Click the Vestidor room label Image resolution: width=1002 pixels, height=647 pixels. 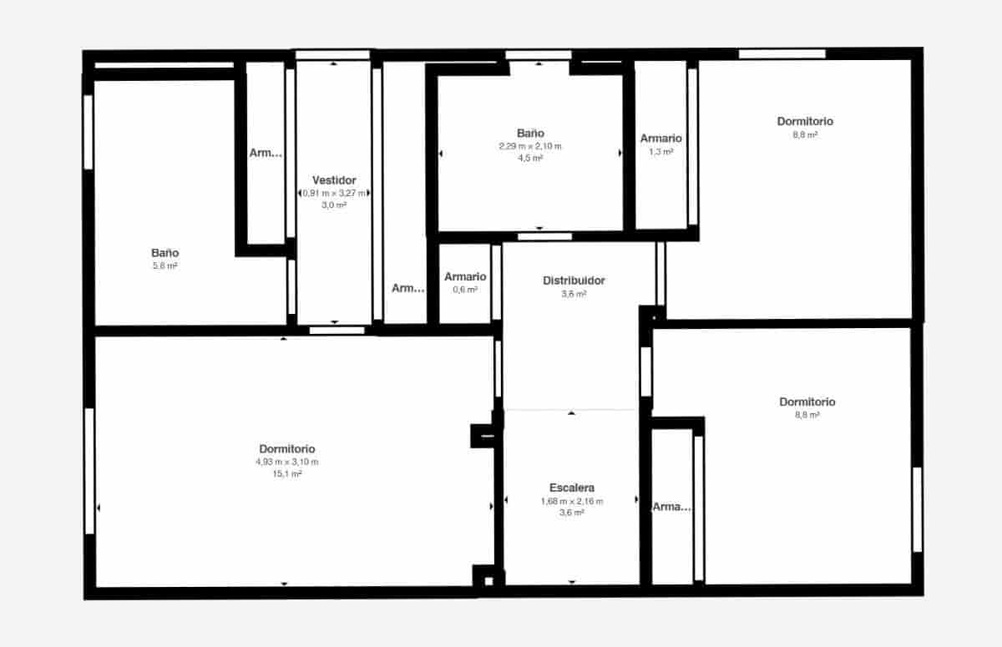(334, 180)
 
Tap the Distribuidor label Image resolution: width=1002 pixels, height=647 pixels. (574, 281)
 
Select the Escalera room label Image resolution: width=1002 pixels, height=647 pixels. (572, 488)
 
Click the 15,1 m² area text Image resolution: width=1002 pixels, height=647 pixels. (286, 474)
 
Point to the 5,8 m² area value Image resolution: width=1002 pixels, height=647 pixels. (164, 266)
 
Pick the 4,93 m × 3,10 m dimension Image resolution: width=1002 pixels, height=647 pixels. (286, 462)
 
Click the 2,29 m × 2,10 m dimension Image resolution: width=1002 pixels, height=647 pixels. (530, 146)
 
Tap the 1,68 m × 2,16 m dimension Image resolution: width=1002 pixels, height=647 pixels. (572, 501)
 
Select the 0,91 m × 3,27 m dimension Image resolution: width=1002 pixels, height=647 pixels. (334, 193)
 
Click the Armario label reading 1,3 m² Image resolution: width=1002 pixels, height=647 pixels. (660, 139)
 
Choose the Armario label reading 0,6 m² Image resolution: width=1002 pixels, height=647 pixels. (465, 277)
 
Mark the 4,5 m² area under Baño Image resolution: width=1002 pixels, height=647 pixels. (530, 159)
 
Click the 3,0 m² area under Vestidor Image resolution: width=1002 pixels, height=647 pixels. (334, 205)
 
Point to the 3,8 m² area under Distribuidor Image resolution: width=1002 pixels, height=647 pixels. (574, 294)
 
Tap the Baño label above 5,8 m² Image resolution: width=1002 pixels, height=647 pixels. (164, 253)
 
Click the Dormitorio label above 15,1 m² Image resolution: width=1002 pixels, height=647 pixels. (286, 449)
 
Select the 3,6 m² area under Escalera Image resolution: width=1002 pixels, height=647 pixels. (572, 513)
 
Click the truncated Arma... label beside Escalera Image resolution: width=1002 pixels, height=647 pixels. (672, 507)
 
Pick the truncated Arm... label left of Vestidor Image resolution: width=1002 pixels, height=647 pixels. (266, 153)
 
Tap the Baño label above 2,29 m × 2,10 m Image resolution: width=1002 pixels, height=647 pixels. (530, 134)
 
